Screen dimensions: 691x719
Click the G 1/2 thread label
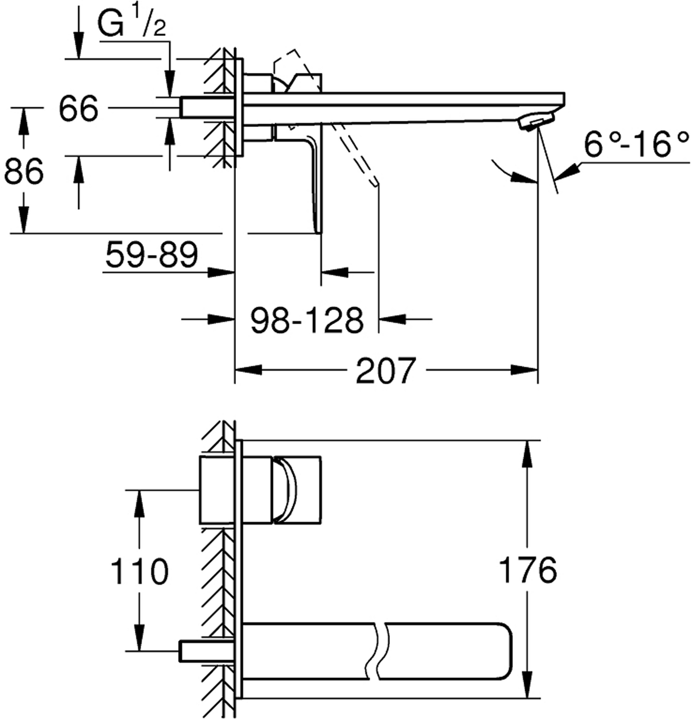(x=131, y=23)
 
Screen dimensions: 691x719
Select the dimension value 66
(x=79, y=108)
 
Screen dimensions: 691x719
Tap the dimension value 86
(x=24, y=171)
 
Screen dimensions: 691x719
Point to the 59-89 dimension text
(x=152, y=254)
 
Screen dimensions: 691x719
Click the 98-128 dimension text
(x=307, y=320)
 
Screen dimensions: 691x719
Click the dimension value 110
(x=139, y=571)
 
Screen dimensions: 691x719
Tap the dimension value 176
(x=528, y=570)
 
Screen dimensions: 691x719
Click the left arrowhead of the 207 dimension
(x=248, y=370)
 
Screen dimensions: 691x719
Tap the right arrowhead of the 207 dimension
(x=524, y=370)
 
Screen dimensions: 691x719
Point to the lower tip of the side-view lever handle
(x=319, y=232)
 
